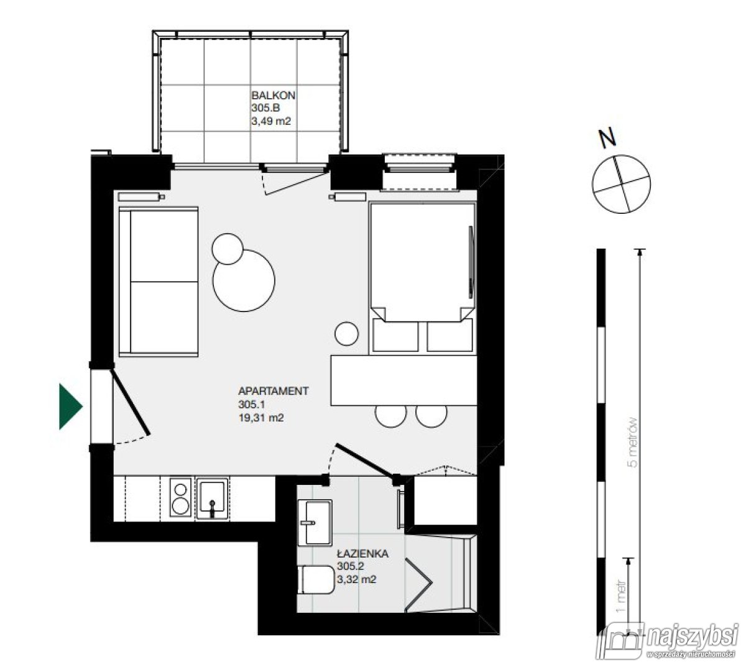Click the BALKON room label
pos(273,96)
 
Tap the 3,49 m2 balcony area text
pos(271,122)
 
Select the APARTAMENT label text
pos(273,391)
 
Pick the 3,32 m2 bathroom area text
pos(356,580)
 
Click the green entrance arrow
pos(70,407)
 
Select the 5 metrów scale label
pos(633,441)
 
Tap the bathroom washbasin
pos(315,523)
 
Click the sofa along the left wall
pos(159,282)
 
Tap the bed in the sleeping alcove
pos(421,261)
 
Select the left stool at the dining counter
pos(391,416)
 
